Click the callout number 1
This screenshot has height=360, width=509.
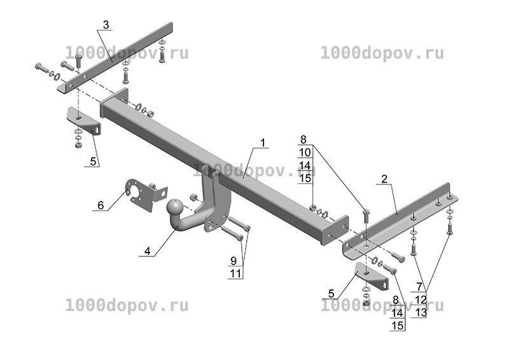pyautogui.click(x=262, y=142)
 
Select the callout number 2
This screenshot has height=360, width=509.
pyautogui.click(x=384, y=179)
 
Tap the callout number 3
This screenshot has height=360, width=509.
pyautogui.click(x=106, y=25)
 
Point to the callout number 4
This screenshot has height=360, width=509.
pyautogui.click(x=148, y=251)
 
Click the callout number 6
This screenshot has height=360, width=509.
pyautogui.click(x=101, y=205)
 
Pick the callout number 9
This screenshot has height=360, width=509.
pyautogui.click(x=234, y=261)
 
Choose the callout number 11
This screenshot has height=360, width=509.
pyautogui.click(x=236, y=273)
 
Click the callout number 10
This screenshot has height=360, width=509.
pyautogui.click(x=305, y=152)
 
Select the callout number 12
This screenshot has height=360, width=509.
pyautogui.click(x=421, y=300)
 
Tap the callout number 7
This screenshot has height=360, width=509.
pyautogui.click(x=419, y=287)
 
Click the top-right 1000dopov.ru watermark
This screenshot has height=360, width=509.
pyautogui.click(x=382, y=53)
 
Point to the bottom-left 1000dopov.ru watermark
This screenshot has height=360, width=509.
pyautogui.click(x=127, y=306)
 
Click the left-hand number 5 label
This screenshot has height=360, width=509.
pyautogui.click(x=93, y=162)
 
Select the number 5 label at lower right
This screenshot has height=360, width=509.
pyautogui.click(x=331, y=293)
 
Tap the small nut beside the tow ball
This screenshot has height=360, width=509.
pyautogui.click(x=193, y=197)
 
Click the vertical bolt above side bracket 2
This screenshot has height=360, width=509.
pyautogui.click(x=366, y=216)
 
